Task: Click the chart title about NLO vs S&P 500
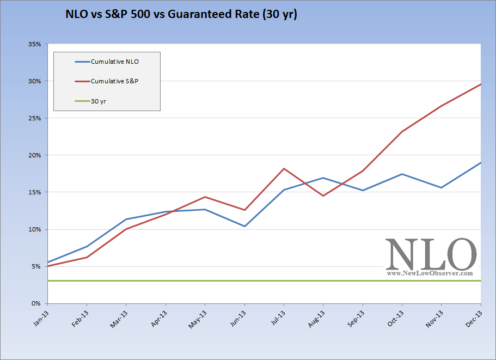[180, 15]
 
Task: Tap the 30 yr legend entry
[99, 101]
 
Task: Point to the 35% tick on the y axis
[34, 44]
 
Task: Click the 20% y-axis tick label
[34, 155]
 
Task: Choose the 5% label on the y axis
[36, 266]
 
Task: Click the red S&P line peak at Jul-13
[284, 168]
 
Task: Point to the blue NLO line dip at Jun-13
[244, 226]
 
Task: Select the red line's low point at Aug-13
[323, 196]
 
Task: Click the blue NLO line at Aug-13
[323, 178]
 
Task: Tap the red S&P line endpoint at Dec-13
[480, 84]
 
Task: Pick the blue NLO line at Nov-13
[441, 187]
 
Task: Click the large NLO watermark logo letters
[431, 254]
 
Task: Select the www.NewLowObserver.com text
[430, 274]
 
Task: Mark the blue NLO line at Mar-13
[126, 219]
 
